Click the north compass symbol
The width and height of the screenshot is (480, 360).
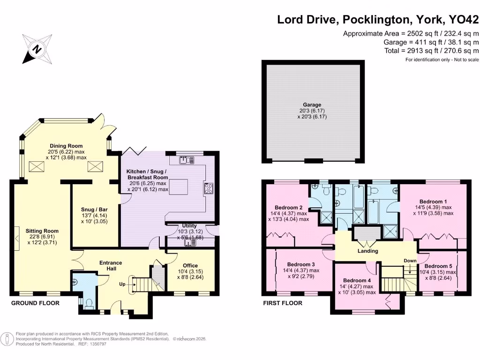pos(37,49)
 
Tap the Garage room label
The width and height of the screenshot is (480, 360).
pos(312,105)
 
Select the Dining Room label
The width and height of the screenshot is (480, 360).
pos(66,146)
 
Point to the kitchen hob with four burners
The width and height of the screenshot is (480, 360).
pos(209,188)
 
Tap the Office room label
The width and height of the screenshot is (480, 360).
pos(190,266)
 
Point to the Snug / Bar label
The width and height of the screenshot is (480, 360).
pos(94,210)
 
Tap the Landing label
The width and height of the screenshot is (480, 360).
pos(367,251)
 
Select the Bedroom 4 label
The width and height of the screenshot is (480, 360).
pos(357,280)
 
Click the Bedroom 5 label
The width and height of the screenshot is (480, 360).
pos(438,266)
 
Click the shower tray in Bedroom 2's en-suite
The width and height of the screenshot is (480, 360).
pos(327,217)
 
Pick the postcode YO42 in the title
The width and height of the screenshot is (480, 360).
pos(464,20)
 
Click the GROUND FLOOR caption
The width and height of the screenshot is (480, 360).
pos(35,303)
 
